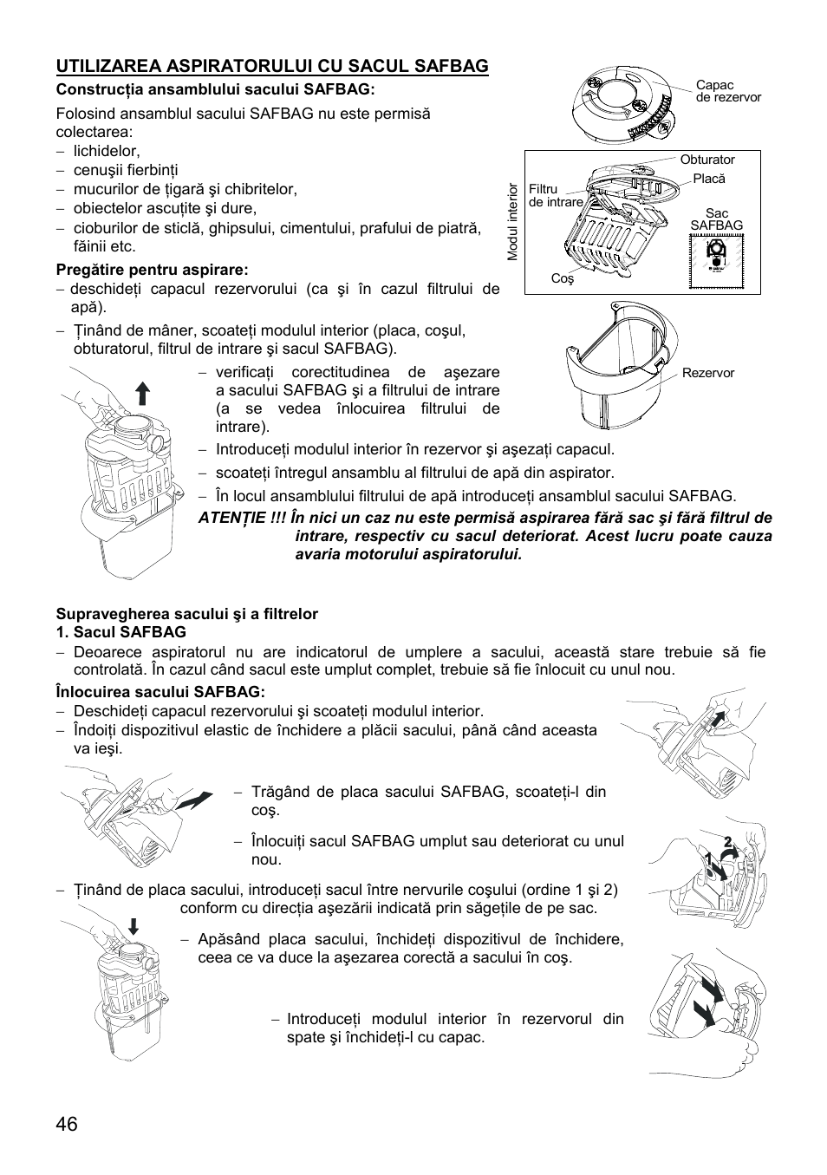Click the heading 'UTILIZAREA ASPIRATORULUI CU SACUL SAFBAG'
click(272, 66)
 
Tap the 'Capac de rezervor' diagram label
click(727, 91)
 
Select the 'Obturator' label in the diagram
click(707, 160)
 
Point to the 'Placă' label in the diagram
click(708, 179)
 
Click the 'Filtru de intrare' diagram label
click(555, 195)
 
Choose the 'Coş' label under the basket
click(563, 279)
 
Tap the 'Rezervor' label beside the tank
click(707, 373)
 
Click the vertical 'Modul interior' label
click(512, 222)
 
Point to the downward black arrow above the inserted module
click(133, 926)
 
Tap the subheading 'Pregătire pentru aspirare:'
click(152, 270)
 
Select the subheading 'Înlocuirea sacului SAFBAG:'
click(160, 691)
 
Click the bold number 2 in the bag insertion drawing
click(729, 841)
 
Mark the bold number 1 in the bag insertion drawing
click(708, 861)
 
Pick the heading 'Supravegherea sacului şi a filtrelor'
click(186, 614)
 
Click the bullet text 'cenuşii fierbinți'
click(126, 170)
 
